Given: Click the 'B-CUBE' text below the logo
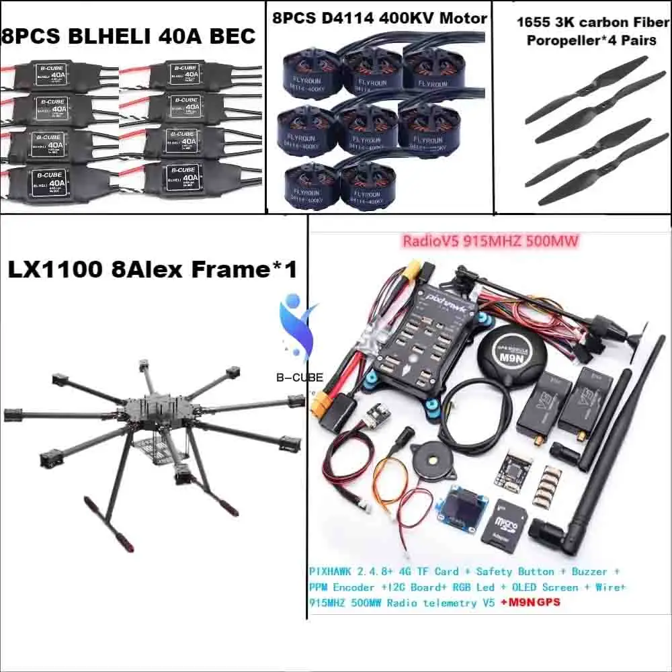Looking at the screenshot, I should (299, 378).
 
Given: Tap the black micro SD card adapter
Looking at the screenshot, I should (503, 526).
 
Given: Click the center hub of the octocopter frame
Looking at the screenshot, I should (151, 410).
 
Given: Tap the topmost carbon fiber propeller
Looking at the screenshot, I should (586, 89).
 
